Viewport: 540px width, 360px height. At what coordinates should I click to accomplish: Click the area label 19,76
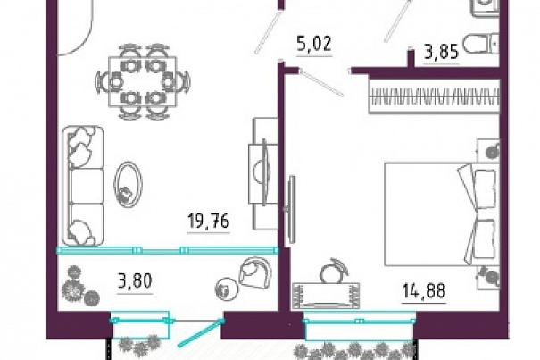(209, 221)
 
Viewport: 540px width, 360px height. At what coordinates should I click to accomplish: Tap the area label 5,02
(314, 44)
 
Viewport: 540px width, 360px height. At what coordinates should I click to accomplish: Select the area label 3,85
(442, 53)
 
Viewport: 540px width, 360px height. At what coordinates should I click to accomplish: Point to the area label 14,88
(424, 290)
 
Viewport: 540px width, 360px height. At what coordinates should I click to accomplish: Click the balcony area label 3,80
(135, 281)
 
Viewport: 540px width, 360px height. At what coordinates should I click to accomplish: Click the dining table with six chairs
(143, 81)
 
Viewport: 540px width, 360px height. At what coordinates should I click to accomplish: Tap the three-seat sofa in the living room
(83, 186)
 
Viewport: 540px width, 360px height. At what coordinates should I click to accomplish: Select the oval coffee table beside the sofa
(128, 186)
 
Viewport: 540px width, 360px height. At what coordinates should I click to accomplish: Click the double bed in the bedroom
(442, 214)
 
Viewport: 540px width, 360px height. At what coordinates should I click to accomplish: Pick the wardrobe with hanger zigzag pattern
(435, 96)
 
